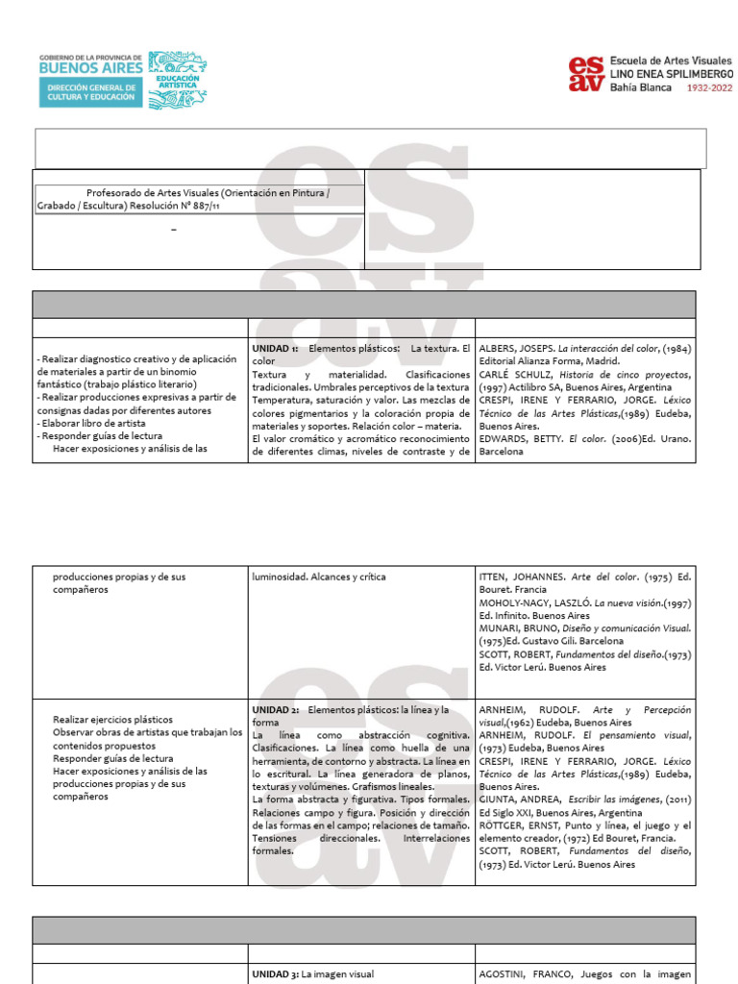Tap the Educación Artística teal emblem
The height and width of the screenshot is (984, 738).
pyautogui.click(x=177, y=79)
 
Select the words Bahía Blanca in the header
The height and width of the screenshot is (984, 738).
pyautogui.click(x=641, y=86)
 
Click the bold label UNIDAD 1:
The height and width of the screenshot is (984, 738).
pyautogui.click(x=275, y=348)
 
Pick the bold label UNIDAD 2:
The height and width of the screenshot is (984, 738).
pyautogui.click(x=275, y=710)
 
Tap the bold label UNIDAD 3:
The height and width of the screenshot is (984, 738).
pyautogui.click(x=275, y=973)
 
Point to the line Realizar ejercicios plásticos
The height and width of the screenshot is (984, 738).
pyautogui.click(x=112, y=719)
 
